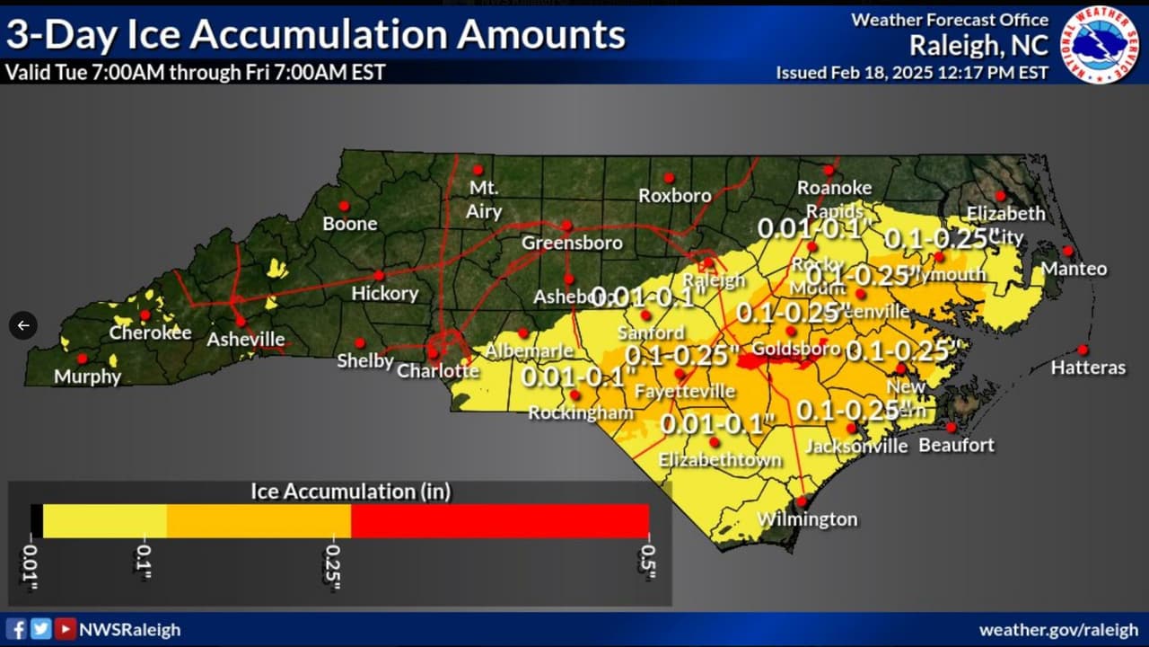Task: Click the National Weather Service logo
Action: point(1099,46)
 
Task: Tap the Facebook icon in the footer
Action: point(16,629)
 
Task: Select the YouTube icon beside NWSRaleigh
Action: point(65,629)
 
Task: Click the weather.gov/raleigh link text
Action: point(1058,630)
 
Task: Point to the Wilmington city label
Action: point(807,519)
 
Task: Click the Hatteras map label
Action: point(1088,368)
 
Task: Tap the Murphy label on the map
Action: point(87,377)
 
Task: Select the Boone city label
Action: point(350,224)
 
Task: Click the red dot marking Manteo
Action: point(1067,251)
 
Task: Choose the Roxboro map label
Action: point(674,196)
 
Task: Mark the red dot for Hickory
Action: point(379,275)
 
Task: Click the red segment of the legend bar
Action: point(499,521)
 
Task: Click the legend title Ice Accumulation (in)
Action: point(350,491)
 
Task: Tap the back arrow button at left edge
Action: point(23,325)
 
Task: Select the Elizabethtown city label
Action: point(720,460)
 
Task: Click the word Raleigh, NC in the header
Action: point(978,45)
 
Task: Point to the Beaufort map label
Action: point(957,445)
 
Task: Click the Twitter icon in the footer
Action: point(40,629)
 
